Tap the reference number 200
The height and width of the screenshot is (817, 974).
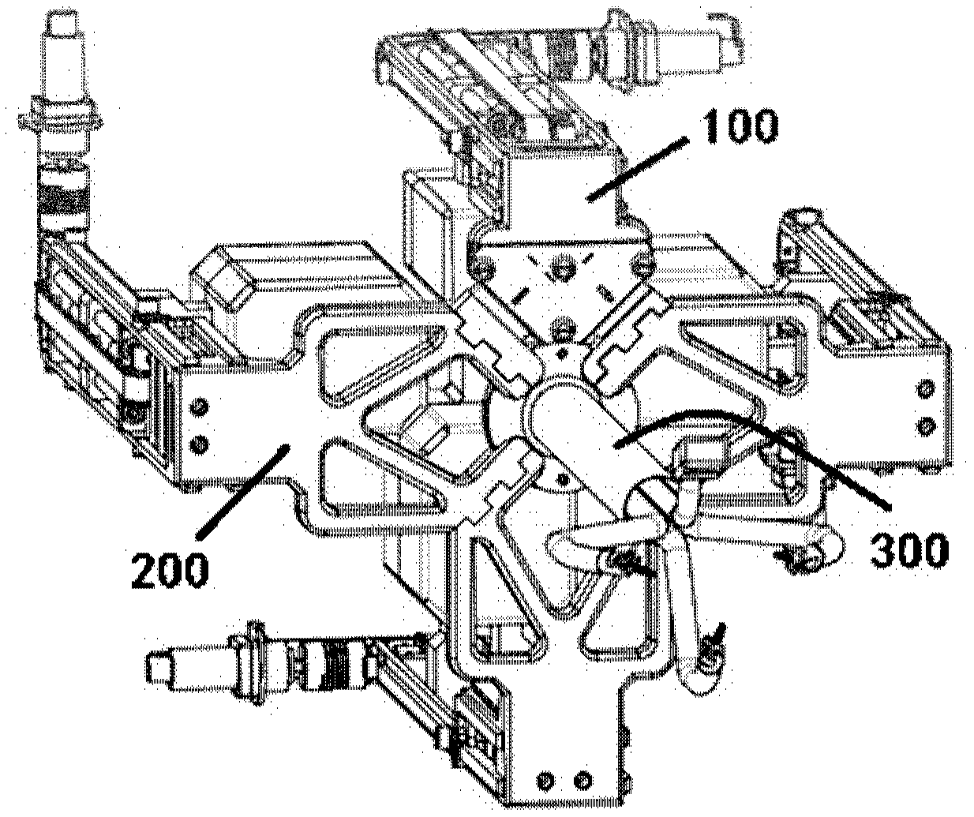[170, 569]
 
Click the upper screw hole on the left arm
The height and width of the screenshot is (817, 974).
[198, 407]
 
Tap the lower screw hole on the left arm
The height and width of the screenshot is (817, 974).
[198, 444]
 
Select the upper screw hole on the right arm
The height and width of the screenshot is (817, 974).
[925, 390]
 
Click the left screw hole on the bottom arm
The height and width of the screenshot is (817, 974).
[544, 781]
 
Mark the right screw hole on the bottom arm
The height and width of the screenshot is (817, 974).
[582, 781]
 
